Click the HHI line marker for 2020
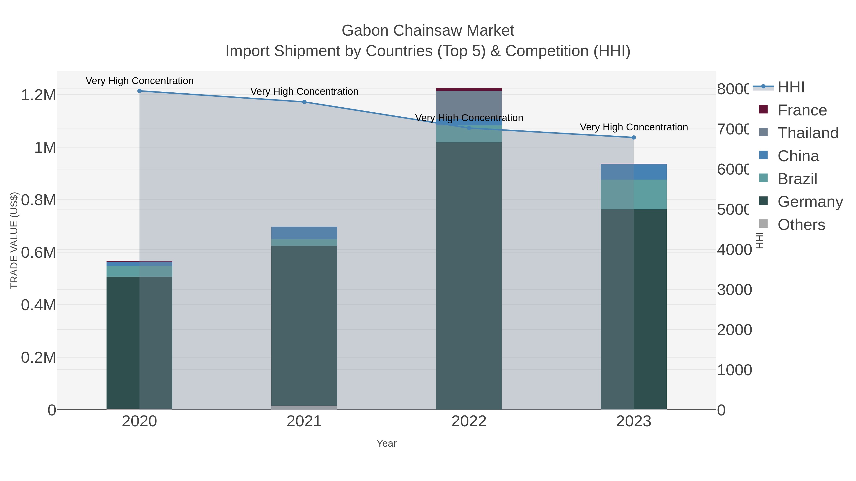[x=140, y=91]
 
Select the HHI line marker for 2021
[x=304, y=102]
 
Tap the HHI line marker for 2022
[x=469, y=128]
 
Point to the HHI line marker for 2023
[x=634, y=138]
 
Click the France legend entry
[x=802, y=110]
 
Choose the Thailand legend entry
[x=808, y=133]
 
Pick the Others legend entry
[x=801, y=225]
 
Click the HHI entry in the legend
[x=791, y=87]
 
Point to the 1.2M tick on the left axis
[x=39, y=95]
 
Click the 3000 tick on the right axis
[x=734, y=290]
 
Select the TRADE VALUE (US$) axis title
[x=14, y=240]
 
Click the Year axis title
[x=386, y=443]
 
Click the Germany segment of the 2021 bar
[x=304, y=325]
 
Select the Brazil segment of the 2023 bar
[x=634, y=194]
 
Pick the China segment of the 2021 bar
[x=304, y=233]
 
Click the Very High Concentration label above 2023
[x=634, y=127]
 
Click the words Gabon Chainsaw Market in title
[x=428, y=31]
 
